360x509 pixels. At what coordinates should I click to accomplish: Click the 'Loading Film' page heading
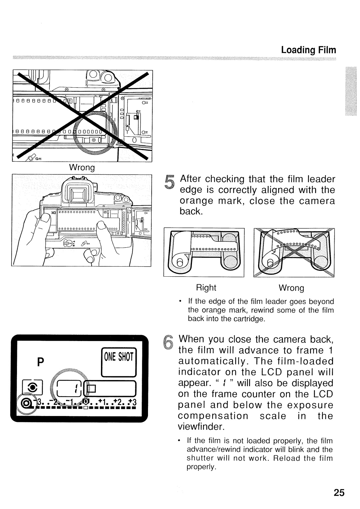pyautogui.click(x=308, y=50)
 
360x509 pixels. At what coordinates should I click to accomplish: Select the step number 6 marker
pyautogui.click(x=170, y=344)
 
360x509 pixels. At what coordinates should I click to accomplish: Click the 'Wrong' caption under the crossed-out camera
pyautogui.click(x=82, y=167)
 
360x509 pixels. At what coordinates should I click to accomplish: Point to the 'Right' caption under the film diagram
pyautogui.click(x=206, y=288)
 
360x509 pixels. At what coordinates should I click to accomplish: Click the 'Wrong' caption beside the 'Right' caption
pyautogui.click(x=291, y=288)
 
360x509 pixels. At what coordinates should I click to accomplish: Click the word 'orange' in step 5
pyautogui.click(x=196, y=201)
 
